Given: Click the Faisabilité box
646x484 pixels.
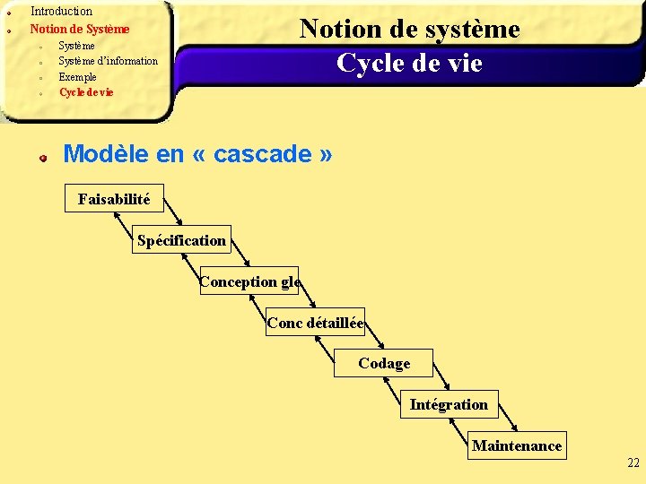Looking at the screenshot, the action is point(114,199).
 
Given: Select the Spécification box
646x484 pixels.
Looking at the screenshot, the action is point(181,240).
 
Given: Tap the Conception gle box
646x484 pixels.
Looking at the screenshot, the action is point(249,281).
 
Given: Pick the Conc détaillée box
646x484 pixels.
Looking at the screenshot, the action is point(315,323).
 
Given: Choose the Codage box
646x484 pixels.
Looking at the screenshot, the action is point(384,363).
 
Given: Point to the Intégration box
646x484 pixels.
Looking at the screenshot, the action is point(449,404).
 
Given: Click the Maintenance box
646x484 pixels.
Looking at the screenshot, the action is point(517,445).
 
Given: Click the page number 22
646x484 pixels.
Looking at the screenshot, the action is point(633,463).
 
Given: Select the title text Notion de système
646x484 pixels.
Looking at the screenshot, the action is point(410,30).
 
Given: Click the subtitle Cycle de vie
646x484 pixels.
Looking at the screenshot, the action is point(409,64).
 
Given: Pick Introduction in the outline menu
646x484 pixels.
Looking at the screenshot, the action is point(61,12).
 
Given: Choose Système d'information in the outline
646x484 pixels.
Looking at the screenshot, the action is point(108,61).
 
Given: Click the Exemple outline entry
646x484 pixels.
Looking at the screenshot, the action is point(77,77).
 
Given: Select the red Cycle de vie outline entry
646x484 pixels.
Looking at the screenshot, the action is point(86,92).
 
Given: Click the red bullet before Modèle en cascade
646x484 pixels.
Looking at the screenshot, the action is point(42,158).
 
